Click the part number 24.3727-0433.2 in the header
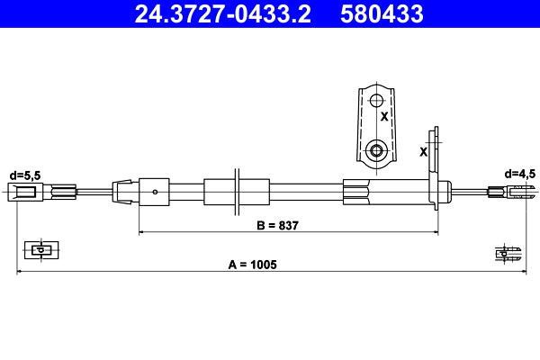[224, 13]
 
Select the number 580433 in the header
[381, 13]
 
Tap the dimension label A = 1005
[252, 265]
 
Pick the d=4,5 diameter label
[520, 173]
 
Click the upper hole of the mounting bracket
[377, 96]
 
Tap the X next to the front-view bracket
[384, 117]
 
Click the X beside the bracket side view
[423, 151]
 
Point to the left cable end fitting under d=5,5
[24, 191]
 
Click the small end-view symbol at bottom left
[39, 249]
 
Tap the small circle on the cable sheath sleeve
[156, 191]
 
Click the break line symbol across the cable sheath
[236, 191]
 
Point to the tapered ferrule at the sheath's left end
[122, 191]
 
